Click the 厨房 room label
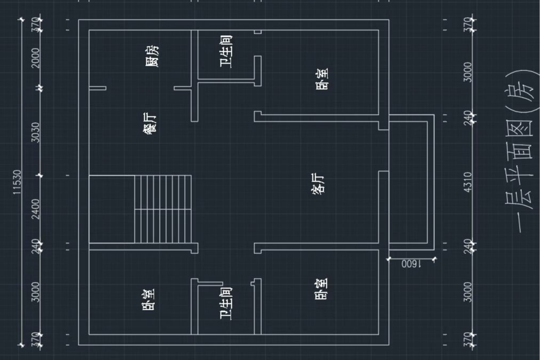pos(152,56)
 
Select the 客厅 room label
pos(318,184)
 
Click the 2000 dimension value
pos(36,58)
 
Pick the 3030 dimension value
pos(36,132)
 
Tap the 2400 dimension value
pos(36,210)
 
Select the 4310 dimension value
pos(468,182)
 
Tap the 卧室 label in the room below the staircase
pos(149,300)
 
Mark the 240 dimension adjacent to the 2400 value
pos(36,246)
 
